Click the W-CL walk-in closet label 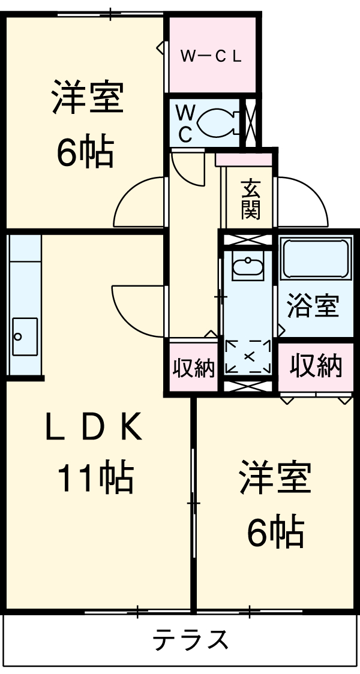coord(212,56)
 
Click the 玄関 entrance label coord(251,200)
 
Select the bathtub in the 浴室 coord(316,258)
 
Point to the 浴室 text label coord(313,306)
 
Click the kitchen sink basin coord(24,336)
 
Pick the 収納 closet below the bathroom coord(316,365)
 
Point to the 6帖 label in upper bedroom coord(85,152)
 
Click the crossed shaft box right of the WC coord(250,122)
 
